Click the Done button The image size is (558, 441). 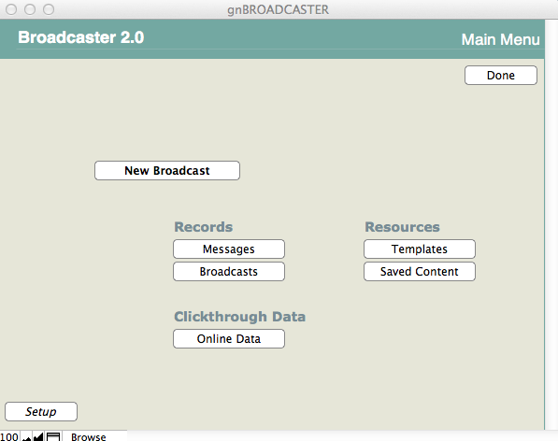click(x=501, y=75)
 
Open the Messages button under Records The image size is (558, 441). click(x=229, y=249)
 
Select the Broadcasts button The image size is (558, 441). click(x=229, y=271)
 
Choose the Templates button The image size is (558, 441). click(x=420, y=249)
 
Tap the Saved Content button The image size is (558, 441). click(x=420, y=271)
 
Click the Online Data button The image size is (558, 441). click(x=229, y=338)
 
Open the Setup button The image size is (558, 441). click(x=41, y=411)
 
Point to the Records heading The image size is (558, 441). click(x=204, y=227)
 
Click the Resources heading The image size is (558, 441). click(x=403, y=227)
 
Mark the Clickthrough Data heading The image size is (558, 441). click(x=240, y=317)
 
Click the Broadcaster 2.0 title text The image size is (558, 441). click(x=81, y=37)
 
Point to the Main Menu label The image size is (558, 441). click(x=501, y=39)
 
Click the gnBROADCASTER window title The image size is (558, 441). click(x=278, y=9)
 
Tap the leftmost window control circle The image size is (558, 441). click(x=11, y=9)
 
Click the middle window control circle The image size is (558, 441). click(x=30, y=9)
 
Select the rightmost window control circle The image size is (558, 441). click(x=49, y=9)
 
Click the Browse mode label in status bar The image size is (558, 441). click(x=89, y=436)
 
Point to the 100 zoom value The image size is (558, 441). click(x=9, y=436)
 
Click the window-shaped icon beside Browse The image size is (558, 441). click(x=53, y=436)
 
